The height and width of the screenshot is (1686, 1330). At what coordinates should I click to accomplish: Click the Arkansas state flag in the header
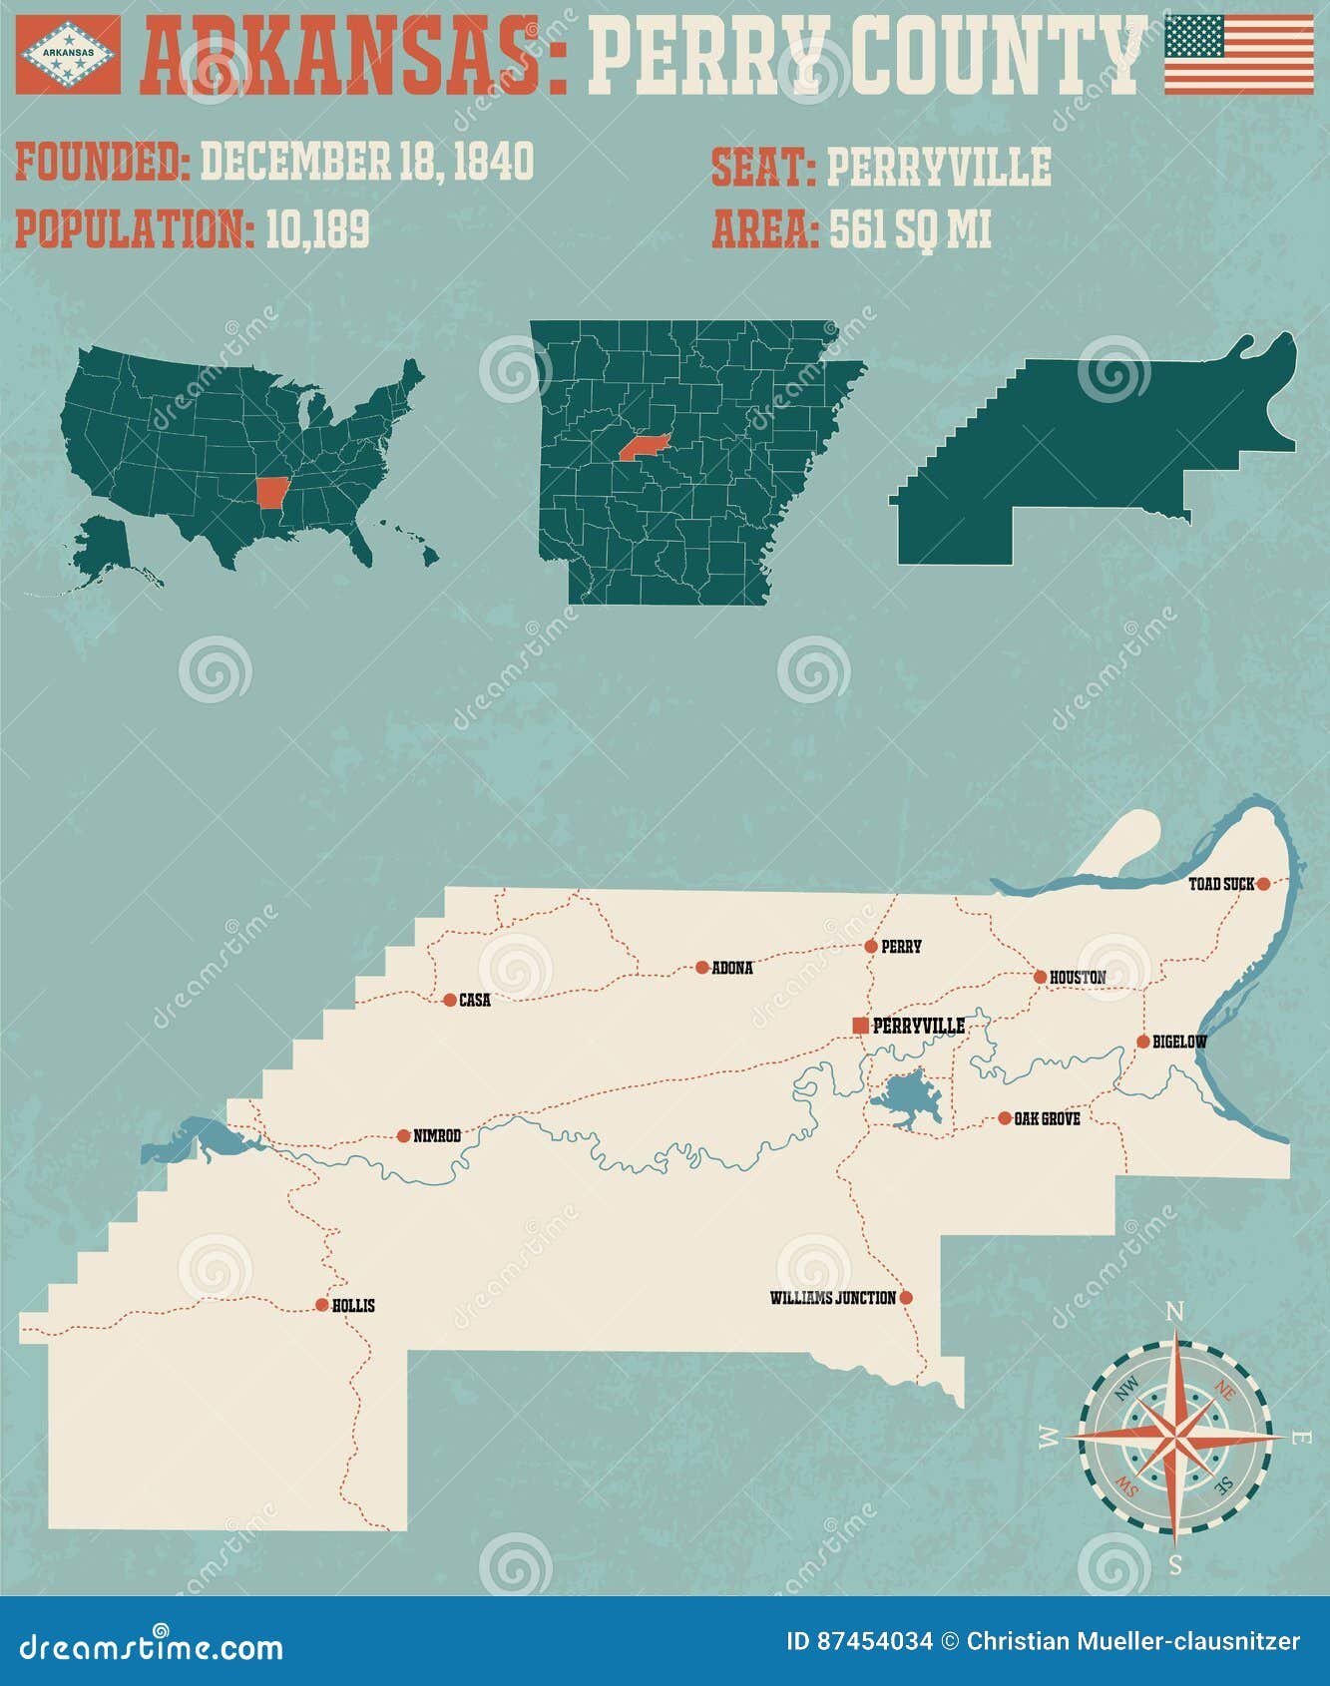[68, 54]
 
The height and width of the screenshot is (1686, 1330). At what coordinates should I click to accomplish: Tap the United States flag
[1239, 55]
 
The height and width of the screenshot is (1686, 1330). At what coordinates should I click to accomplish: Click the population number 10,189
[317, 228]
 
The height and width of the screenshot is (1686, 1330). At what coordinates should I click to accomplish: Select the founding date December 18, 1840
[367, 162]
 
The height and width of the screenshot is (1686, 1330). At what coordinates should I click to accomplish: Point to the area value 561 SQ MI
[910, 229]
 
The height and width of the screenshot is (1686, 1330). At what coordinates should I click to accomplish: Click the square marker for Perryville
[860, 1026]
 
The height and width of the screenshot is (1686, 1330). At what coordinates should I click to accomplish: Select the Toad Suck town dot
[1263, 883]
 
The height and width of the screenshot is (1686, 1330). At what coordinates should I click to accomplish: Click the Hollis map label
[353, 1306]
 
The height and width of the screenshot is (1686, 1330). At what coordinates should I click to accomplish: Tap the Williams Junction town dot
[906, 1298]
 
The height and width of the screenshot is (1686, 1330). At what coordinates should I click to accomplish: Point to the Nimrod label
[437, 1135]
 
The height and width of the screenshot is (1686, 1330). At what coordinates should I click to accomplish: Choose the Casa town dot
[449, 999]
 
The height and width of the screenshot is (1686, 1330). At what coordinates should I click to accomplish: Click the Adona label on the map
[732, 968]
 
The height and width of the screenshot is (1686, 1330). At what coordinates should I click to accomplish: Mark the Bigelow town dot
[1143, 1042]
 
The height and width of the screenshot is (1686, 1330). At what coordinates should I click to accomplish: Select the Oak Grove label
[1047, 1119]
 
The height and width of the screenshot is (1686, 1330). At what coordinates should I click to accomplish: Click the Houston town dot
[1040, 977]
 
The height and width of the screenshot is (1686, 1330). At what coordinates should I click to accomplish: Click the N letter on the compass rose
[1175, 1311]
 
